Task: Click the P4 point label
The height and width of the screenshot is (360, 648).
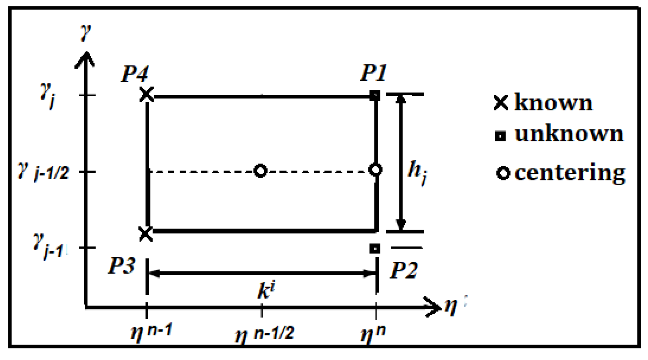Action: click(135, 74)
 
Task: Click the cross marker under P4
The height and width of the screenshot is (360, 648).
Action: click(147, 94)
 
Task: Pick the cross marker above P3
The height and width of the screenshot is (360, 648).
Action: click(146, 234)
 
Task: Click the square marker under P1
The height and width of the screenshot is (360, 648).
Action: click(375, 95)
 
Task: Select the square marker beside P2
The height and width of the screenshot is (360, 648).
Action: click(375, 249)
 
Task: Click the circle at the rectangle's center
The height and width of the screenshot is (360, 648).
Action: click(260, 171)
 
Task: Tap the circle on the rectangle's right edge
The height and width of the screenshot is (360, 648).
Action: click(375, 170)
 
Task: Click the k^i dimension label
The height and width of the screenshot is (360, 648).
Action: click(266, 291)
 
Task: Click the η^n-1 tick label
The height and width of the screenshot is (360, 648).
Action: click(151, 332)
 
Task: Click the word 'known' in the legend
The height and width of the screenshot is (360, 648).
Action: click(553, 103)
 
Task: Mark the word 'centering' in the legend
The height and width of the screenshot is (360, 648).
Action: click(570, 173)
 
